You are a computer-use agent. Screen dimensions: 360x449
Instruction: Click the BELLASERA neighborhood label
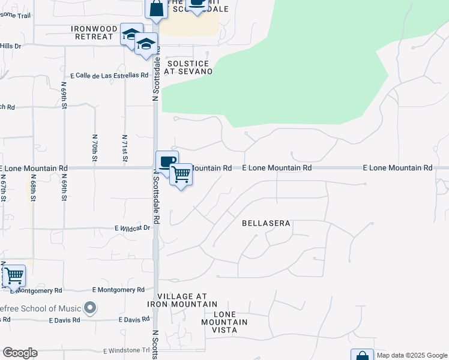(266, 223)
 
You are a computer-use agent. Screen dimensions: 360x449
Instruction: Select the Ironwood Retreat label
(92, 32)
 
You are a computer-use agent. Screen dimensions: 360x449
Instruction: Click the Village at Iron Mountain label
(182, 300)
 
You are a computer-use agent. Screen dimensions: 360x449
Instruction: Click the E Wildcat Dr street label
(132, 228)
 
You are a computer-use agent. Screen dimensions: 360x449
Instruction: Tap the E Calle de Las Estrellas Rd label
(109, 76)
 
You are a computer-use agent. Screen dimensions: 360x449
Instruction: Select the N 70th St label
(94, 149)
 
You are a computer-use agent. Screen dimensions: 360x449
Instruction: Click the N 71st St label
(125, 149)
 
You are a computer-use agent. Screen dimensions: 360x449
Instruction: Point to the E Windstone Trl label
(127, 350)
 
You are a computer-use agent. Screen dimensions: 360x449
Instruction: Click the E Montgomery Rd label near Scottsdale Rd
(119, 290)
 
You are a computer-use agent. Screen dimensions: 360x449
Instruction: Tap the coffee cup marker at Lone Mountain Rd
(167, 161)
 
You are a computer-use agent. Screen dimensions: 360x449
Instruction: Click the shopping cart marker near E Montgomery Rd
(14, 276)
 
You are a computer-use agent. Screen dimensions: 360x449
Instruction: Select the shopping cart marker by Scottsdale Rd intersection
(181, 175)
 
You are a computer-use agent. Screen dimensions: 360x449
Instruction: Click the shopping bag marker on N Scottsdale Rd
(155, 9)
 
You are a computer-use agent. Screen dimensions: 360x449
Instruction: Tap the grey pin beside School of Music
(90, 308)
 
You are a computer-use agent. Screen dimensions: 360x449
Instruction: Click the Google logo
(19, 353)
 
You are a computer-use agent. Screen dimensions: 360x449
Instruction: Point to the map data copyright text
(412, 355)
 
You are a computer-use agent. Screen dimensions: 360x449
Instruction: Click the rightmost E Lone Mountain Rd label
(398, 168)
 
